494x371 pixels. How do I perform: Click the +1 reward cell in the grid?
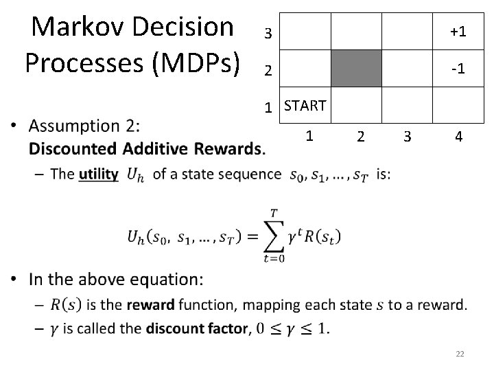tap(458, 32)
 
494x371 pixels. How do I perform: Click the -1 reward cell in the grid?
tap(458, 70)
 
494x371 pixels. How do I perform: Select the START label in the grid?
tap(305, 106)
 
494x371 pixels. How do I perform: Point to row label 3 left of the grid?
tap(269, 34)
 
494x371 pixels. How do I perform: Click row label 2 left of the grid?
tap(269, 71)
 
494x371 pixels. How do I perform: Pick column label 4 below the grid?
tap(458, 136)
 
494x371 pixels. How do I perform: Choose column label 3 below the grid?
tap(408, 136)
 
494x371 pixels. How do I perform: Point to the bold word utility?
tap(99, 174)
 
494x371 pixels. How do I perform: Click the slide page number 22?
tap(460, 354)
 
